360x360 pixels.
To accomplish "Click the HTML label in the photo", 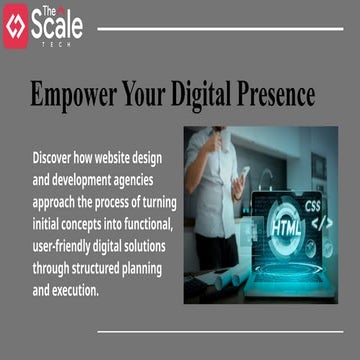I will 285,225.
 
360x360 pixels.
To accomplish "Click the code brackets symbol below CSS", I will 322,222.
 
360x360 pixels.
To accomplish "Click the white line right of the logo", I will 220,29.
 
